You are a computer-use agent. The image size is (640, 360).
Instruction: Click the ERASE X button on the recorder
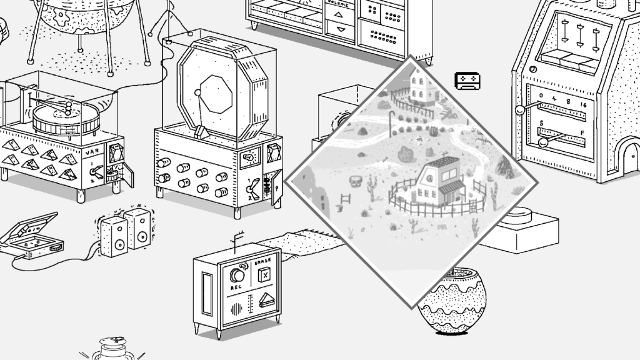click(x=265, y=274)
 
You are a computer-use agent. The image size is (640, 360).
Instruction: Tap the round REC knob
click(x=237, y=275)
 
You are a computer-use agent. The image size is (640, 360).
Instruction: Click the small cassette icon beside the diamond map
click(x=467, y=81)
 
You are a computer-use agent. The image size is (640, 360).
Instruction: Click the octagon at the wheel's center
click(x=218, y=94)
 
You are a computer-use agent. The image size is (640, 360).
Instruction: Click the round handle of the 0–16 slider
click(x=519, y=111)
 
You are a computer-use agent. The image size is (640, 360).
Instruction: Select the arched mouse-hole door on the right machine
click(x=629, y=154)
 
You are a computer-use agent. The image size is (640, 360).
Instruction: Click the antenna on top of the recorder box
click(x=236, y=241)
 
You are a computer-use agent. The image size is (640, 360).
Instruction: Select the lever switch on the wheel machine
click(x=252, y=187)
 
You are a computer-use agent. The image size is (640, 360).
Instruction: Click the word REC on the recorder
click(x=236, y=287)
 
